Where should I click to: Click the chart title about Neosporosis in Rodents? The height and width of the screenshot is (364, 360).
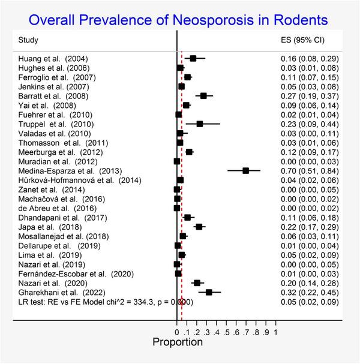179,19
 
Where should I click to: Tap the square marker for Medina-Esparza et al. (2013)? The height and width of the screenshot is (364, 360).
246,171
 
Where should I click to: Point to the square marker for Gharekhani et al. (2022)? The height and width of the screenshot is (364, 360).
209,292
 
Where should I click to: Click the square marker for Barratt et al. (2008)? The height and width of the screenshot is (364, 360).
203,96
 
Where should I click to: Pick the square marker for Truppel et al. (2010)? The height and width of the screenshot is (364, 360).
199,124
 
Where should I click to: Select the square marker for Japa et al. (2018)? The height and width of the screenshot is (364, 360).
199,227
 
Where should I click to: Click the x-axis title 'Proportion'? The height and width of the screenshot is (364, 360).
178,343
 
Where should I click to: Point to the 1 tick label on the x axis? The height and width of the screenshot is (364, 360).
275,331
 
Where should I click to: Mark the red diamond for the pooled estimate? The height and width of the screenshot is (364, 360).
182,302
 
